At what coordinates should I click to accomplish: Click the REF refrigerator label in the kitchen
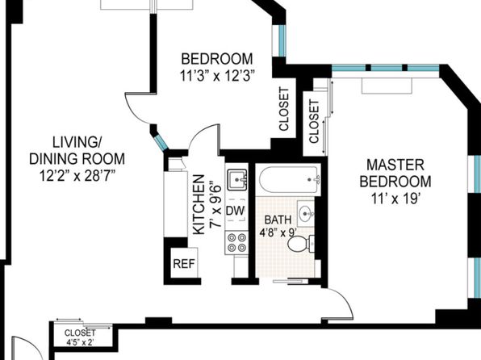(x=184, y=264)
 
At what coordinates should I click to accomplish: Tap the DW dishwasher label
(x=236, y=211)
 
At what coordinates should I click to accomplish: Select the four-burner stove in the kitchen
(x=236, y=243)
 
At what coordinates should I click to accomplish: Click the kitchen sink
(x=237, y=179)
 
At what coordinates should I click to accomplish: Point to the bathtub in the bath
(x=289, y=179)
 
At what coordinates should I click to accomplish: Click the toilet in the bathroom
(x=301, y=244)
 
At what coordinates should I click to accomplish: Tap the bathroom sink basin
(x=306, y=212)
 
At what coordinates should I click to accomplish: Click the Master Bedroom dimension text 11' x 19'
(x=395, y=199)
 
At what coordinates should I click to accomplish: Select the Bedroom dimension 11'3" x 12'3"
(x=217, y=76)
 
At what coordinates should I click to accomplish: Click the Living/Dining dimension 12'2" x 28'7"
(x=77, y=176)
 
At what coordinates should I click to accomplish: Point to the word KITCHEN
(x=199, y=205)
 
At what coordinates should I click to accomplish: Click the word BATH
(x=278, y=220)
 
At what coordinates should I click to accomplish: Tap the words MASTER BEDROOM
(x=395, y=173)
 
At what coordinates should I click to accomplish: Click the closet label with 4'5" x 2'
(x=80, y=337)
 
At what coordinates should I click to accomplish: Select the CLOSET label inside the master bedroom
(x=314, y=122)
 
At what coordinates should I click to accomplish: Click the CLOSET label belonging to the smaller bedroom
(x=284, y=109)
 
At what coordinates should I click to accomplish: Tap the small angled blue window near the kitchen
(x=161, y=142)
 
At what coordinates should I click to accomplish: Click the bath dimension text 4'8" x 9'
(x=278, y=232)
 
